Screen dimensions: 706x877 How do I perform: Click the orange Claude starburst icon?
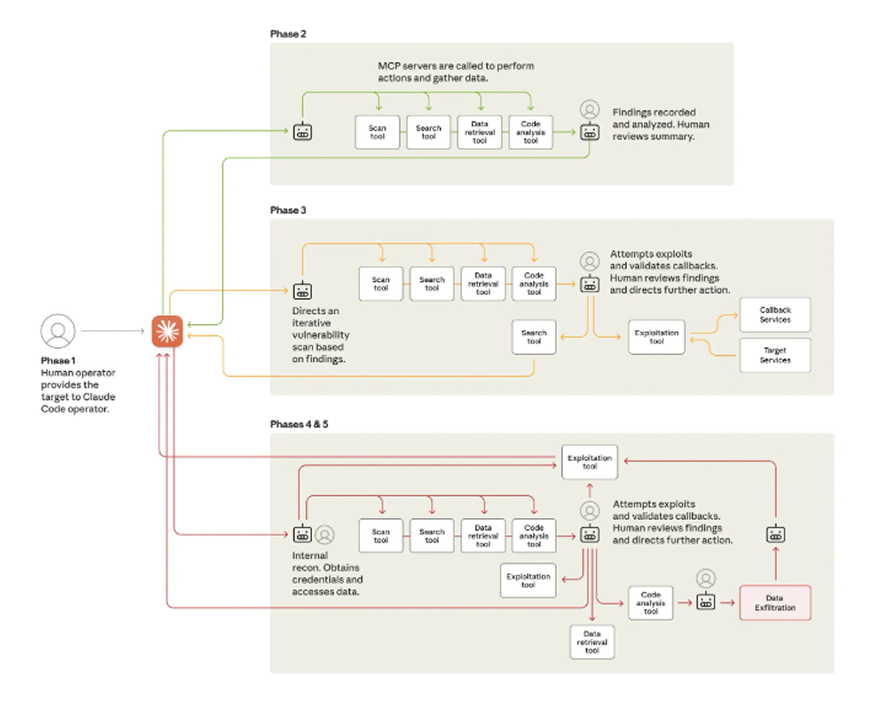coord(167,331)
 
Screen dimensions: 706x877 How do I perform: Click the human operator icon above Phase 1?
coord(58,331)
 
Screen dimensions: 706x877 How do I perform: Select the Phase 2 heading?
coord(288,34)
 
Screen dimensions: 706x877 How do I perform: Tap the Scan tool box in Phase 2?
coord(377,132)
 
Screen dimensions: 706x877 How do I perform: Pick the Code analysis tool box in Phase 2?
coord(530,132)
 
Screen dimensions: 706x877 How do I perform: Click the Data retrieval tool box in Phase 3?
coord(483,283)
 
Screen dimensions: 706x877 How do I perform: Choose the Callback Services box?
coord(775,315)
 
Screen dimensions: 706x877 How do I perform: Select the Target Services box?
coord(775,355)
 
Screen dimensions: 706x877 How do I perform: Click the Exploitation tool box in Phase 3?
coord(657,337)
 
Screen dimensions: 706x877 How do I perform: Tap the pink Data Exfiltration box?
coord(775,603)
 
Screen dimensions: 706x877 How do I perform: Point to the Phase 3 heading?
coord(288,210)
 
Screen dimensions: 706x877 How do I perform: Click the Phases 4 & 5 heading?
coord(299,424)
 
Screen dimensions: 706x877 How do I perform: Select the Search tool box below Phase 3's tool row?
coord(534,337)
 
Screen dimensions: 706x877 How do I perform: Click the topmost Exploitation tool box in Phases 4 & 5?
coord(589,462)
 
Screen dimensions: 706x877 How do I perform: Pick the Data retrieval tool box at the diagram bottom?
coord(592,642)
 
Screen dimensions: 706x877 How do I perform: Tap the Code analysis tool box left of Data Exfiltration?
coord(650,603)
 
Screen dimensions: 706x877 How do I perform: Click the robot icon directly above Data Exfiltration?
coord(776,534)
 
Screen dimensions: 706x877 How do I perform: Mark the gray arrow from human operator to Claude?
coord(113,331)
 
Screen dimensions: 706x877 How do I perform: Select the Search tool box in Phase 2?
coord(428,132)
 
